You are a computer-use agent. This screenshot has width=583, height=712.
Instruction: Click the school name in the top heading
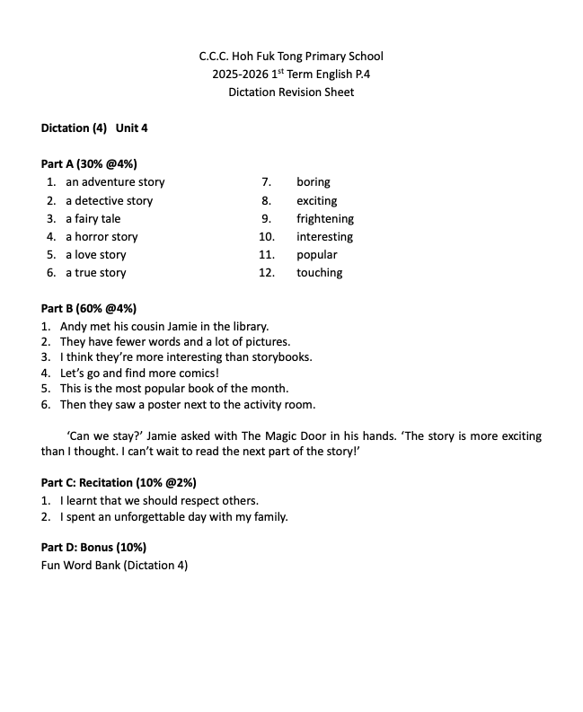point(291,56)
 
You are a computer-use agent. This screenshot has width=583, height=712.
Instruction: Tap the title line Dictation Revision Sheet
point(291,92)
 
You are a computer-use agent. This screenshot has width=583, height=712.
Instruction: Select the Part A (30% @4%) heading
point(89,163)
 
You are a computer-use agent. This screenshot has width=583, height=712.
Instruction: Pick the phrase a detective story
point(109,200)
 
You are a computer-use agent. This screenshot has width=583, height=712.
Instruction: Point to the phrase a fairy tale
point(93,218)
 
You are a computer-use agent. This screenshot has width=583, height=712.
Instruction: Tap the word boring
point(314,182)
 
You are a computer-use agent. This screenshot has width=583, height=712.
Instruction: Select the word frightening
point(325,218)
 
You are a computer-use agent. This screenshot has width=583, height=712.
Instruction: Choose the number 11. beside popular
point(267,255)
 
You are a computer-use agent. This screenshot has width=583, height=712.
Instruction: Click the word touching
point(320,273)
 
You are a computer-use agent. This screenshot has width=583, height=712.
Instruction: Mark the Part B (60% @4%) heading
point(89,309)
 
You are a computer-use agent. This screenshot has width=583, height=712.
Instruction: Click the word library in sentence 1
point(247,327)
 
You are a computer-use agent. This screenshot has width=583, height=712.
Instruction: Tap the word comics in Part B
point(196,372)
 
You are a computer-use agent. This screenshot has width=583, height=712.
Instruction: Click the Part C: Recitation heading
point(119,482)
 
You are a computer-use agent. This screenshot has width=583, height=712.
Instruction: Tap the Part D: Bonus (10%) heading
point(93,547)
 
